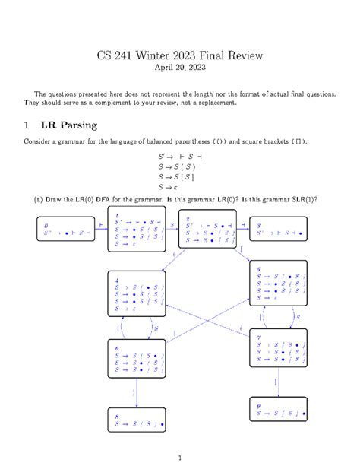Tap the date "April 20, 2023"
[180, 67]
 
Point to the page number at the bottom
[179, 456]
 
